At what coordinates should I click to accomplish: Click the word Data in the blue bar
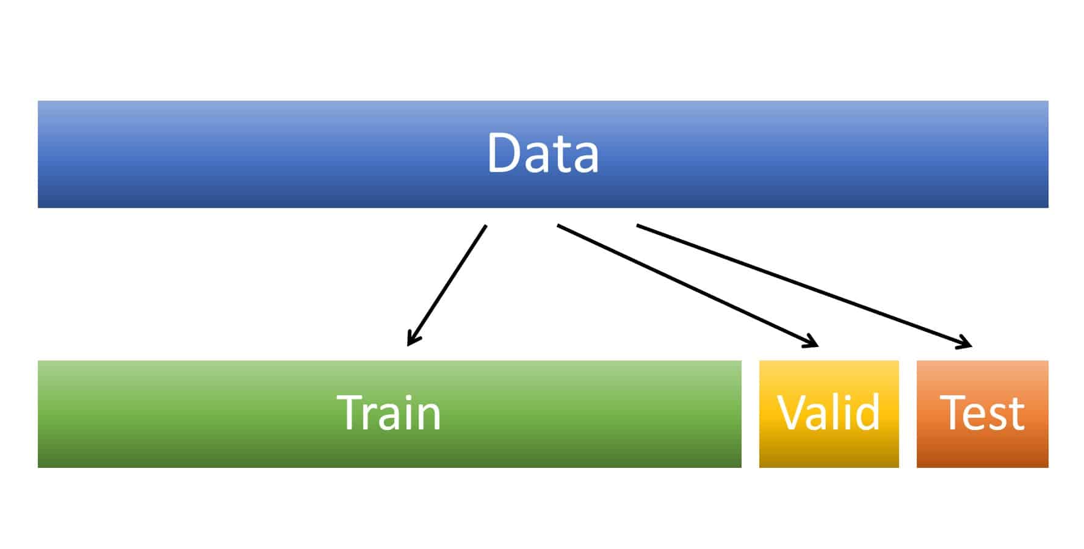tap(543, 154)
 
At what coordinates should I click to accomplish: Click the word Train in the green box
tap(389, 413)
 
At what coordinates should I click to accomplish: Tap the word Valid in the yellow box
tap(828, 413)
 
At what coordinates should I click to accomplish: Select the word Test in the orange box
tap(982, 413)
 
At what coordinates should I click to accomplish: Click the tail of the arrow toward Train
tap(486, 226)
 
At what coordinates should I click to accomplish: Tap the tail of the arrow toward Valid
tap(558, 226)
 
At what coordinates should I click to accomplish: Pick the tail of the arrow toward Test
tap(638, 226)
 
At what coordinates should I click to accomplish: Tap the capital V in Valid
tap(791, 413)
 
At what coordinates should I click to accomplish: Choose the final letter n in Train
tap(429, 417)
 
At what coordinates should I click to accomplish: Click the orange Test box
tap(982, 451)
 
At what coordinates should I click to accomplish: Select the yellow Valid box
tap(828, 451)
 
